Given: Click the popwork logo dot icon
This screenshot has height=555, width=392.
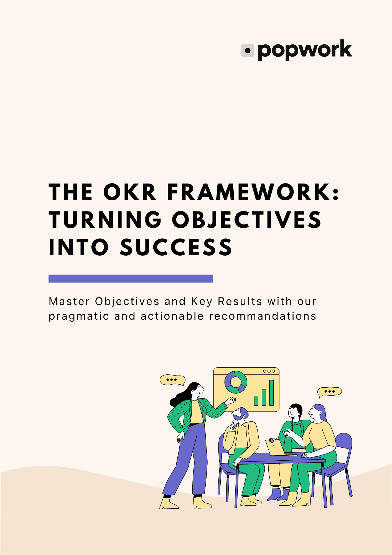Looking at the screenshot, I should tap(248, 51).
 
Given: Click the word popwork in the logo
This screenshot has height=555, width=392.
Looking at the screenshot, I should tap(305, 50).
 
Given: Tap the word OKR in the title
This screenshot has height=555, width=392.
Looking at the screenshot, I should tap(129, 192).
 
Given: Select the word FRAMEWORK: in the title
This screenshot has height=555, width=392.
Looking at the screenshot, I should tap(253, 192).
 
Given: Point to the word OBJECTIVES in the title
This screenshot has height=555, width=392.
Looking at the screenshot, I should tap(246, 220).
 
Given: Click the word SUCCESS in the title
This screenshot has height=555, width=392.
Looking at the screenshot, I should tap(176, 247).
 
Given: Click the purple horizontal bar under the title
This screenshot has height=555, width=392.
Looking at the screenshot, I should tap(130, 278).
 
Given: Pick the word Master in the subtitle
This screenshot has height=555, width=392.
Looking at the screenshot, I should tap(69, 301).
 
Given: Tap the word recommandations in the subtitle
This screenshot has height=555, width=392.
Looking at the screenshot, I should tap(262, 316).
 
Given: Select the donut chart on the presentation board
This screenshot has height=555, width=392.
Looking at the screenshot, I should tap(236, 382).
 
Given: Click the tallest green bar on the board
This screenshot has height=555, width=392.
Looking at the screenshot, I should tap(272, 393).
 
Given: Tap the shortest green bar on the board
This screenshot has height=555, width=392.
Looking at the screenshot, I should tap(256, 400).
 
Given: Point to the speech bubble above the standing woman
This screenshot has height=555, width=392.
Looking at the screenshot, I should tap(172, 380).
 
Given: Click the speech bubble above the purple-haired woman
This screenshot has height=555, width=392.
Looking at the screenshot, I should tap(329, 392).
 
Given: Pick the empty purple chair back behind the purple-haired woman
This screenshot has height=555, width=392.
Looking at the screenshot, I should tap(344, 444).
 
